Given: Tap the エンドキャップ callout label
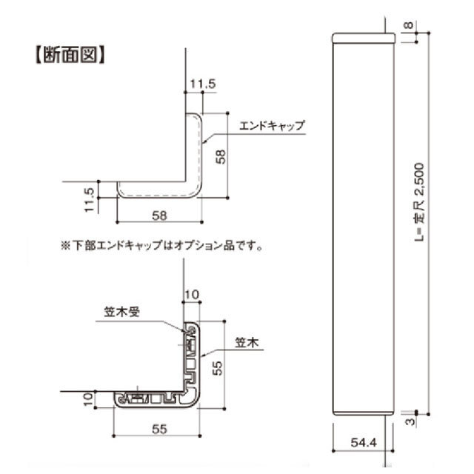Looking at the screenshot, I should [x=272, y=126].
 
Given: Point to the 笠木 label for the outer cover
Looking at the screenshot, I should [x=246, y=344].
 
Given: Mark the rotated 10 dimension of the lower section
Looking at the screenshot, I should [x=88, y=400].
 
